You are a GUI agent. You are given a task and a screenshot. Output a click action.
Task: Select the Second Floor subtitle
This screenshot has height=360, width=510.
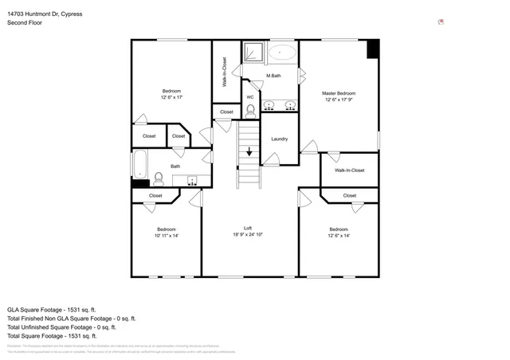[x=25, y=23]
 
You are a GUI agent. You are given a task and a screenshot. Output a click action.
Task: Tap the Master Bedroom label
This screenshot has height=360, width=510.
[x=339, y=93]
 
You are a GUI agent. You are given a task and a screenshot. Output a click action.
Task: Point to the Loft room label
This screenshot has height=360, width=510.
[x=248, y=228]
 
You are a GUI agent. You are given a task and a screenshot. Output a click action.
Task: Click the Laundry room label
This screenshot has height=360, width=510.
[x=279, y=139]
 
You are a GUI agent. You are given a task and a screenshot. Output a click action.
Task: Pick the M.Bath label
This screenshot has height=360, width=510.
[x=273, y=76]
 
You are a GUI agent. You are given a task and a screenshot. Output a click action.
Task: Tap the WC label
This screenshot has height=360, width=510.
[x=249, y=97]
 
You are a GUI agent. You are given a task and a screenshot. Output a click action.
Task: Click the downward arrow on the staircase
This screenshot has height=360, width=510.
[x=249, y=151]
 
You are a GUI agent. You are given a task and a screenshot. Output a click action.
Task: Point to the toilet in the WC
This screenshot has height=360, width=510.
[x=250, y=110]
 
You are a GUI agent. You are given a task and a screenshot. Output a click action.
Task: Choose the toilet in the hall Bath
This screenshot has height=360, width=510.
[x=158, y=178]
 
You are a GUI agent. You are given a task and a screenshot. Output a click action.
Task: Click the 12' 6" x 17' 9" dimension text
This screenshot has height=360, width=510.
[x=339, y=100]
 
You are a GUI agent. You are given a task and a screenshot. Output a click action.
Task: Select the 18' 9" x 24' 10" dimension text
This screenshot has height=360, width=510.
[x=248, y=235]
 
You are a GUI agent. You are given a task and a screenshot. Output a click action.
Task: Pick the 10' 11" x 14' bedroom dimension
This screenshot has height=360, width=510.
[x=166, y=236]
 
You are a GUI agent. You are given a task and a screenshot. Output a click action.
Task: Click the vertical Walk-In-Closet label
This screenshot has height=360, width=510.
[x=224, y=72]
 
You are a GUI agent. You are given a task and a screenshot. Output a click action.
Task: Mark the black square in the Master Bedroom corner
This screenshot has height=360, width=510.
[x=373, y=49]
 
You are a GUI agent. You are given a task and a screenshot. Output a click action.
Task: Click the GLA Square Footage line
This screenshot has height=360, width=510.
[x=51, y=309]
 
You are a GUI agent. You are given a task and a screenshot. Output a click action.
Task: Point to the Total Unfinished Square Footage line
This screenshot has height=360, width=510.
[x=61, y=327]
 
